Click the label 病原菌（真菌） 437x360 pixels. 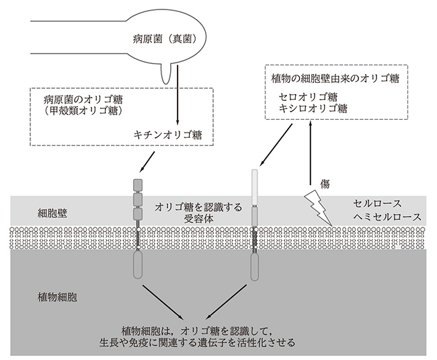coord(165,40)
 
